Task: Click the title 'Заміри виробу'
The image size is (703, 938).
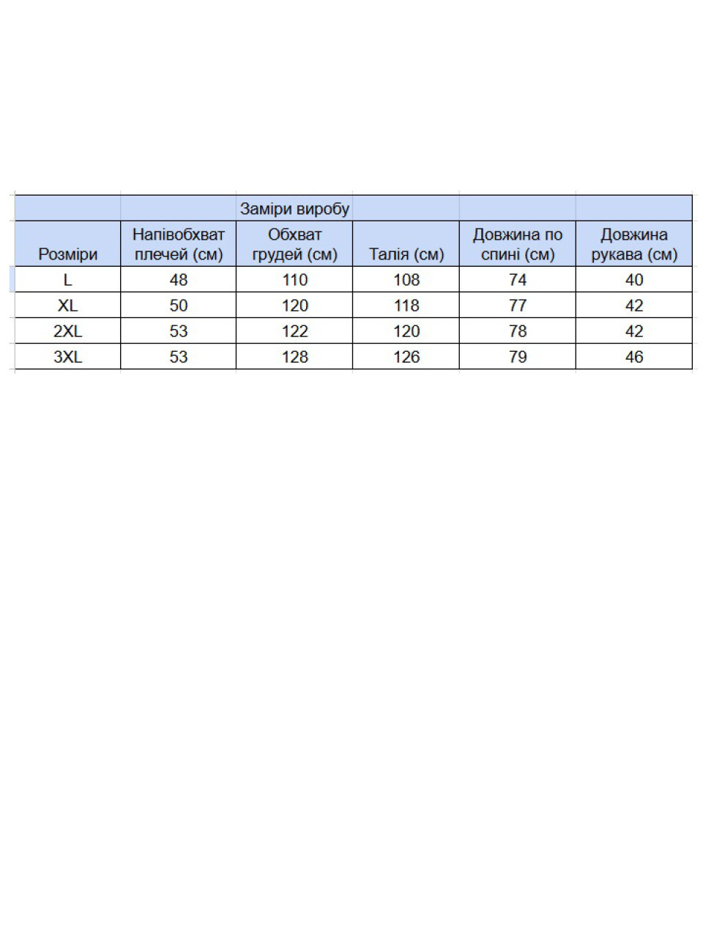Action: [x=294, y=209]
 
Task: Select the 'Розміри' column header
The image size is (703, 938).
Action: [x=67, y=254]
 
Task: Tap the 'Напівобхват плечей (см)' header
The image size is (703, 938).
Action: [x=178, y=244]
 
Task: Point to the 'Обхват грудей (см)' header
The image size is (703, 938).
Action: [x=294, y=244]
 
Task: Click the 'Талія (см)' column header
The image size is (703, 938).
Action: [x=406, y=254]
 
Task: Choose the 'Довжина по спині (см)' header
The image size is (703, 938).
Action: [x=517, y=244]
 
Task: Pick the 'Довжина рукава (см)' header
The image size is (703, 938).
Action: [x=634, y=244]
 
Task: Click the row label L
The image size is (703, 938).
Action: [x=67, y=280]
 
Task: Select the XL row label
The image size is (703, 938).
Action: [x=67, y=306]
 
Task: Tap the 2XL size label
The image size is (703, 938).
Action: [x=67, y=331]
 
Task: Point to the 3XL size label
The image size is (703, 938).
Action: [x=67, y=357]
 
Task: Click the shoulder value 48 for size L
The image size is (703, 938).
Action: [x=178, y=280]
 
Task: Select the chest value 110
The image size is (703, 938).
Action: [x=294, y=280]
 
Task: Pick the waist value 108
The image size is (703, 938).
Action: [x=406, y=280]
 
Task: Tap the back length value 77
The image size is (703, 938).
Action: [x=517, y=306]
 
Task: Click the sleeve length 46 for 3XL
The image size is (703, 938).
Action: [x=634, y=357]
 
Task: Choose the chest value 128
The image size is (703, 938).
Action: [x=294, y=357]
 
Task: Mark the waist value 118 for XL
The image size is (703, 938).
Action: [x=406, y=306]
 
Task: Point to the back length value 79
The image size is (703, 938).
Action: [x=517, y=357]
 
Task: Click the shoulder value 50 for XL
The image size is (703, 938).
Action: [x=178, y=306]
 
